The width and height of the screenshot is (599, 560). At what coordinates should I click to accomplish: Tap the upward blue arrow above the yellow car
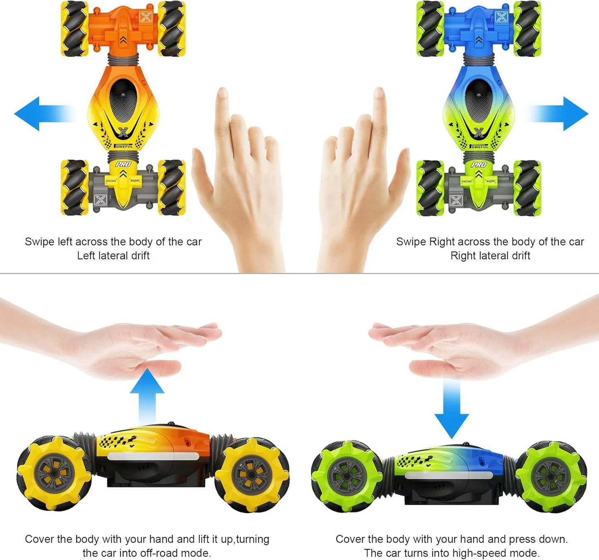coord(147,391)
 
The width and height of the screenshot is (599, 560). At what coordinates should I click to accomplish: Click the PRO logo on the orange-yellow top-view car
coord(123,164)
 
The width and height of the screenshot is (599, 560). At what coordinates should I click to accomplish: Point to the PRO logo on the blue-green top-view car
coord(479,164)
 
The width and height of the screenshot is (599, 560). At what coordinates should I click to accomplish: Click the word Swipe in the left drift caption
coord(39,242)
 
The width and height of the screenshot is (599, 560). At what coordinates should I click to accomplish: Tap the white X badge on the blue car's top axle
coord(502,17)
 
